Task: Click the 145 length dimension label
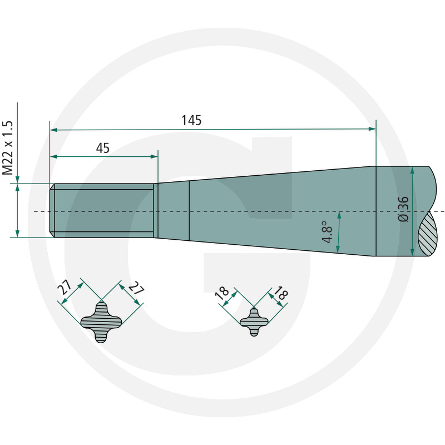click(x=191, y=120)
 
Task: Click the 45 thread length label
click(x=103, y=148)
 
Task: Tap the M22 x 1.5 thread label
click(x=8, y=148)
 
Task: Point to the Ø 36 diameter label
click(x=403, y=209)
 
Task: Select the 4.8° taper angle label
click(x=327, y=232)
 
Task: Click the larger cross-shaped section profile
click(x=101, y=322)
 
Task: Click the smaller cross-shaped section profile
click(x=254, y=322)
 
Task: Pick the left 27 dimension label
click(x=65, y=287)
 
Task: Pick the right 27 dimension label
click(x=136, y=288)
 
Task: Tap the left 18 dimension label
click(x=222, y=293)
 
